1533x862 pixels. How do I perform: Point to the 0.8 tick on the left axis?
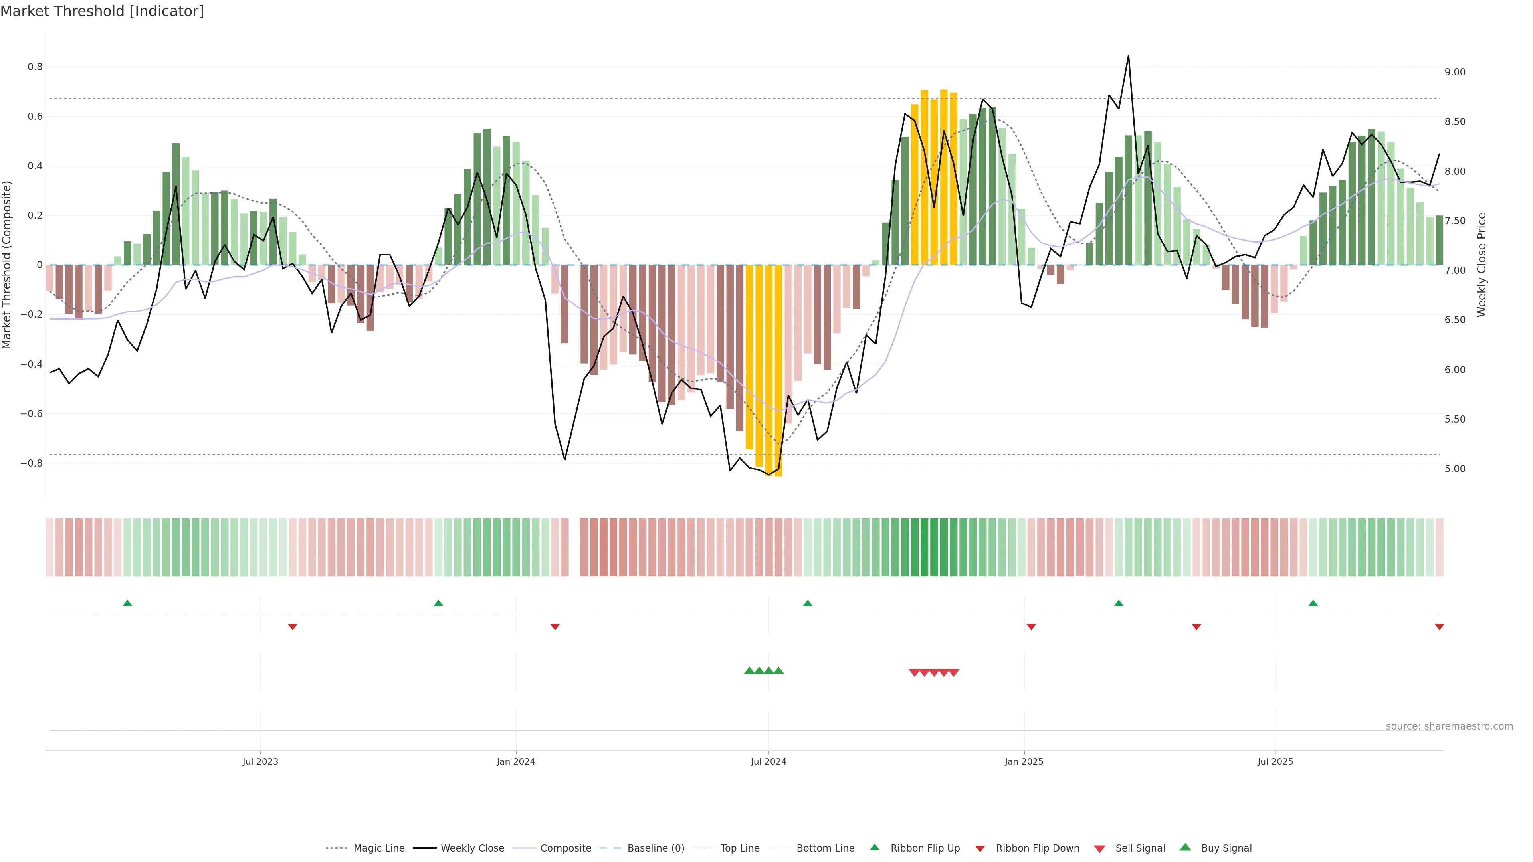(35, 67)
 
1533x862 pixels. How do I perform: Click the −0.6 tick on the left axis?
(31, 413)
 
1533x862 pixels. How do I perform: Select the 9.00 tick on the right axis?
(1454, 72)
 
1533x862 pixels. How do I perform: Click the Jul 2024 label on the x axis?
(768, 761)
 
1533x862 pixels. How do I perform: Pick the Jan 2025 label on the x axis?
(1024, 761)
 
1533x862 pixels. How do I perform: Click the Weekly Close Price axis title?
(1481, 265)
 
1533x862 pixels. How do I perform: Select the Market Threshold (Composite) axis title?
(7, 265)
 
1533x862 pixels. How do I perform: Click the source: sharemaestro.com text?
(1449, 726)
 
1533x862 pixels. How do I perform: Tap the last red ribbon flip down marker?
(1439, 627)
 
